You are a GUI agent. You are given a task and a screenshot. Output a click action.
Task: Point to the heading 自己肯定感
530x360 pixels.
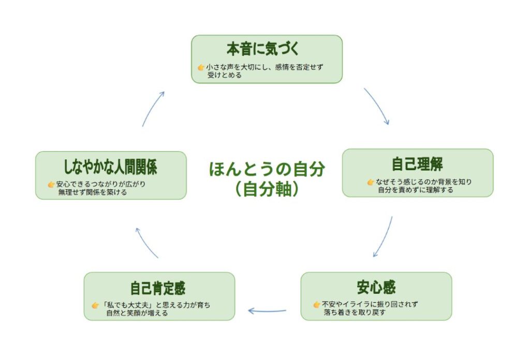[x=158, y=288]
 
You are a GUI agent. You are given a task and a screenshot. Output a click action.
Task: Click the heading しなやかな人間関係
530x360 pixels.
[x=110, y=167]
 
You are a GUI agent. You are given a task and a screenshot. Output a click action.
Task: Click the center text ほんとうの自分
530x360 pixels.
[x=267, y=169]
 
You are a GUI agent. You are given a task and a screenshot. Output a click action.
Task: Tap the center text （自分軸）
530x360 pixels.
[x=266, y=189]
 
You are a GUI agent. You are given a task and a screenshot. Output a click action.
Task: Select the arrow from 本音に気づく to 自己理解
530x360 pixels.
[x=377, y=106]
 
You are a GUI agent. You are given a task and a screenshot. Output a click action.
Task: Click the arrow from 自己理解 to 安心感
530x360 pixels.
[x=384, y=237]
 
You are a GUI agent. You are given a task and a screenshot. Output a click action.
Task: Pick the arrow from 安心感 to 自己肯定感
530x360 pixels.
[x=267, y=311]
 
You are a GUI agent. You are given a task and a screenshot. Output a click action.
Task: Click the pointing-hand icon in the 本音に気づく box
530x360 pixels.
[x=201, y=67]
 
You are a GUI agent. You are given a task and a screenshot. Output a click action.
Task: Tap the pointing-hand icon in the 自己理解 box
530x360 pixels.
[x=371, y=182]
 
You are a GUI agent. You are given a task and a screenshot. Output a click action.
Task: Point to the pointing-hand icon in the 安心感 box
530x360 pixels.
[x=316, y=305]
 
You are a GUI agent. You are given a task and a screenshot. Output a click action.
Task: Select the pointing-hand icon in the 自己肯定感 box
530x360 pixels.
[x=95, y=305]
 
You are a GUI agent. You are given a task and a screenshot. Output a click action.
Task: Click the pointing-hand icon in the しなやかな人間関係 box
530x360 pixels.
[x=51, y=184]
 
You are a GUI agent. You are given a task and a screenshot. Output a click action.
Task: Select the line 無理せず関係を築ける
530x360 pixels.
[x=93, y=192]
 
